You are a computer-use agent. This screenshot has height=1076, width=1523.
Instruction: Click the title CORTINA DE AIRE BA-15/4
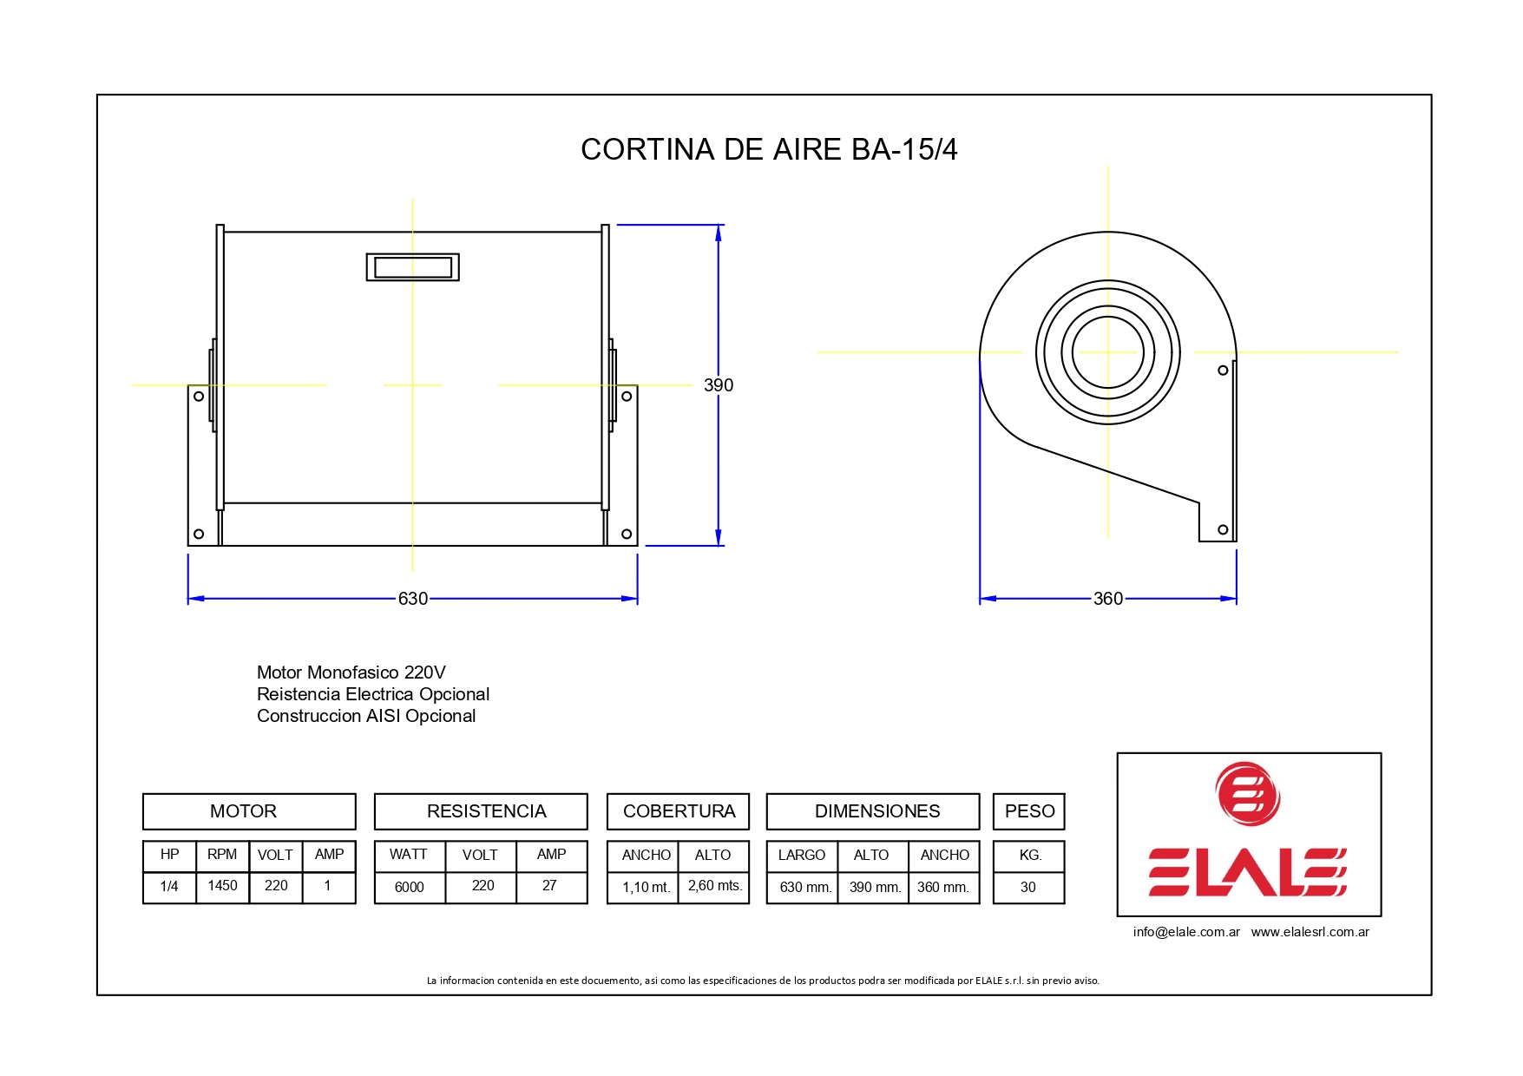[x=768, y=149]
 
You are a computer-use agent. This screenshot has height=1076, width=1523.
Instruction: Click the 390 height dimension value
[x=718, y=385]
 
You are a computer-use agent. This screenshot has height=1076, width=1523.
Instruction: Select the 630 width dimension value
[x=412, y=599]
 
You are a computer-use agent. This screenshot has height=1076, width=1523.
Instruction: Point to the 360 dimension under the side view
[x=1107, y=599]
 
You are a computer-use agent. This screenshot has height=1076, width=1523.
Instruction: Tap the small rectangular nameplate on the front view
[x=412, y=267]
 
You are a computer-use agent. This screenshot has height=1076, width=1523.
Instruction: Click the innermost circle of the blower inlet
[x=1107, y=352]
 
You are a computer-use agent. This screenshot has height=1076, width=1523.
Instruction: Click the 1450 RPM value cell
[x=222, y=886]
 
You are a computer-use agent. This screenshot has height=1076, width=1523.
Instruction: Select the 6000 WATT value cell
[x=409, y=887]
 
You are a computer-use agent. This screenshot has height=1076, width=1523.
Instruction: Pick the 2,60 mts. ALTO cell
[x=714, y=886]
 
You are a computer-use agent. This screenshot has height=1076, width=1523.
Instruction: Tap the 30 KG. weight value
[x=1027, y=887]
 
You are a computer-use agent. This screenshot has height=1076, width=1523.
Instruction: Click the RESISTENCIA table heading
[x=486, y=811]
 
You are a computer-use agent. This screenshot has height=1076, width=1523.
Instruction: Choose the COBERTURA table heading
[x=679, y=811]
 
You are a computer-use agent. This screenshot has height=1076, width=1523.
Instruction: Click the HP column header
[x=169, y=855]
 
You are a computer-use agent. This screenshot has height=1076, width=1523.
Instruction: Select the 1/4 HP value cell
[x=169, y=887]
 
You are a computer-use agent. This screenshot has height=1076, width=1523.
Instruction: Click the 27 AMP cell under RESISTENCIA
[x=549, y=886]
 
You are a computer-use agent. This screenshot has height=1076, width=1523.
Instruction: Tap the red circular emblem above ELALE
[x=1248, y=794]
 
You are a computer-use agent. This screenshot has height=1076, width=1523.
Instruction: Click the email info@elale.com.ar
[x=1185, y=932]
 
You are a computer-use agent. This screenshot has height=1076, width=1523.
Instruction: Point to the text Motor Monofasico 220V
[x=351, y=672]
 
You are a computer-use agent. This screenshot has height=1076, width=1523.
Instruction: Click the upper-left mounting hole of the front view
[x=199, y=397]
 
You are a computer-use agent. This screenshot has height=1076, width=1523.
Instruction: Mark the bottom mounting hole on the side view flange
[x=1223, y=529]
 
